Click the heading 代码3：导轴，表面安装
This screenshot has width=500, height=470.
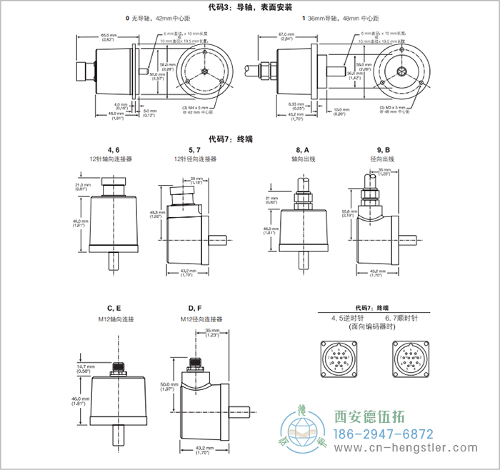(250, 8)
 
